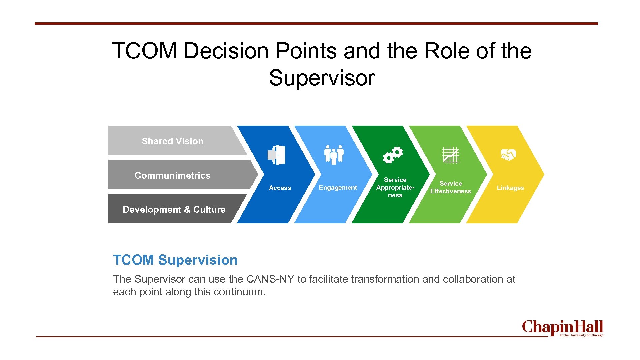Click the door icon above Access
click(x=276, y=155)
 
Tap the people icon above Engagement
click(x=334, y=155)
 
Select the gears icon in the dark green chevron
click(x=393, y=155)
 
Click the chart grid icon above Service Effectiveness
click(x=451, y=155)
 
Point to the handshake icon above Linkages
click(x=508, y=155)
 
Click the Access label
click(x=280, y=188)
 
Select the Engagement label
click(x=338, y=188)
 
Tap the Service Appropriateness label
click(x=395, y=188)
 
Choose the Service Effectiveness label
click(x=451, y=187)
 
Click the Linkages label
click(x=510, y=188)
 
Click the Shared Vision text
click(x=172, y=141)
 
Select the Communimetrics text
click(x=172, y=176)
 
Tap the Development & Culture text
click(x=174, y=210)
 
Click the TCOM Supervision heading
click(x=175, y=260)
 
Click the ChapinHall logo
click(x=562, y=328)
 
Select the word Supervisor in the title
click(x=322, y=78)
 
